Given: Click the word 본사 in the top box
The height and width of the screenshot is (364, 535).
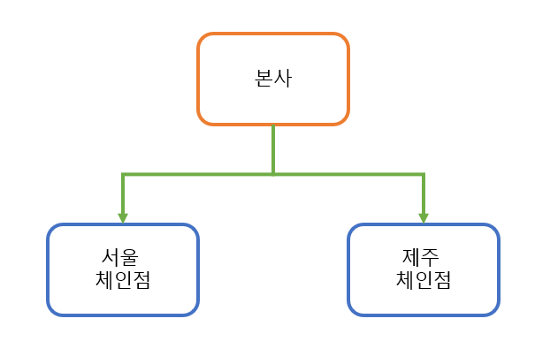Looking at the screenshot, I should [272, 79].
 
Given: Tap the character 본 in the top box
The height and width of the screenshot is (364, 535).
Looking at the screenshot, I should [263, 79].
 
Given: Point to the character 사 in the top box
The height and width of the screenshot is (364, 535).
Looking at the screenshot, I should [282, 79].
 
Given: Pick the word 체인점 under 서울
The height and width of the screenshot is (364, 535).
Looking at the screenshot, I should [123, 281].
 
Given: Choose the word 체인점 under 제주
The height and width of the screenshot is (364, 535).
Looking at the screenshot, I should [424, 281].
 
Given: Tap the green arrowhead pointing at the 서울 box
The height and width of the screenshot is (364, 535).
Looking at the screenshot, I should [123, 217].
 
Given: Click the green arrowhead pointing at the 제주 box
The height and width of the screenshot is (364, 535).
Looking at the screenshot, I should [424, 217].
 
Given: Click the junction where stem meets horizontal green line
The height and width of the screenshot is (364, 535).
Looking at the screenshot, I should [273, 175].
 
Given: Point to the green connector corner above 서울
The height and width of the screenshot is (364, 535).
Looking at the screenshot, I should [123, 175].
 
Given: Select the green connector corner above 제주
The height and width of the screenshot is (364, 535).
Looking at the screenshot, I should [424, 175].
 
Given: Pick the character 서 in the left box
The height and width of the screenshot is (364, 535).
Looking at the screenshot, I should [111, 258].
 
